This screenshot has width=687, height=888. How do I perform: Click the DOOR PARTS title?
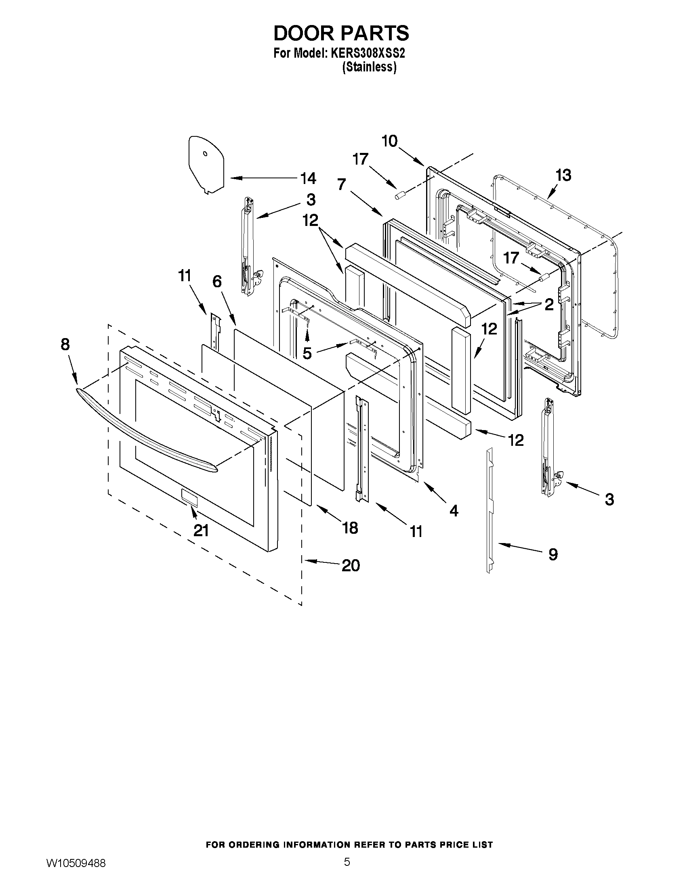(x=341, y=33)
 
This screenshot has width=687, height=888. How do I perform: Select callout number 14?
(x=308, y=178)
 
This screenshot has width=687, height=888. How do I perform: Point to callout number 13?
(x=563, y=175)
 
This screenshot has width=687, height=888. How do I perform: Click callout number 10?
(x=389, y=141)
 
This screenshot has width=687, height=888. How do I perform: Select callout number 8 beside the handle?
(x=65, y=345)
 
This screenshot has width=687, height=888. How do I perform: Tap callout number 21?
(x=201, y=530)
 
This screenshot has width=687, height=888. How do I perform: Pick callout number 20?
(x=351, y=566)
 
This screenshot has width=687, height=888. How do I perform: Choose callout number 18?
(x=350, y=528)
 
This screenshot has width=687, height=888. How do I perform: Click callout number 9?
(x=553, y=555)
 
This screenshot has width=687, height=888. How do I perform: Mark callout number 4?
(x=454, y=511)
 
